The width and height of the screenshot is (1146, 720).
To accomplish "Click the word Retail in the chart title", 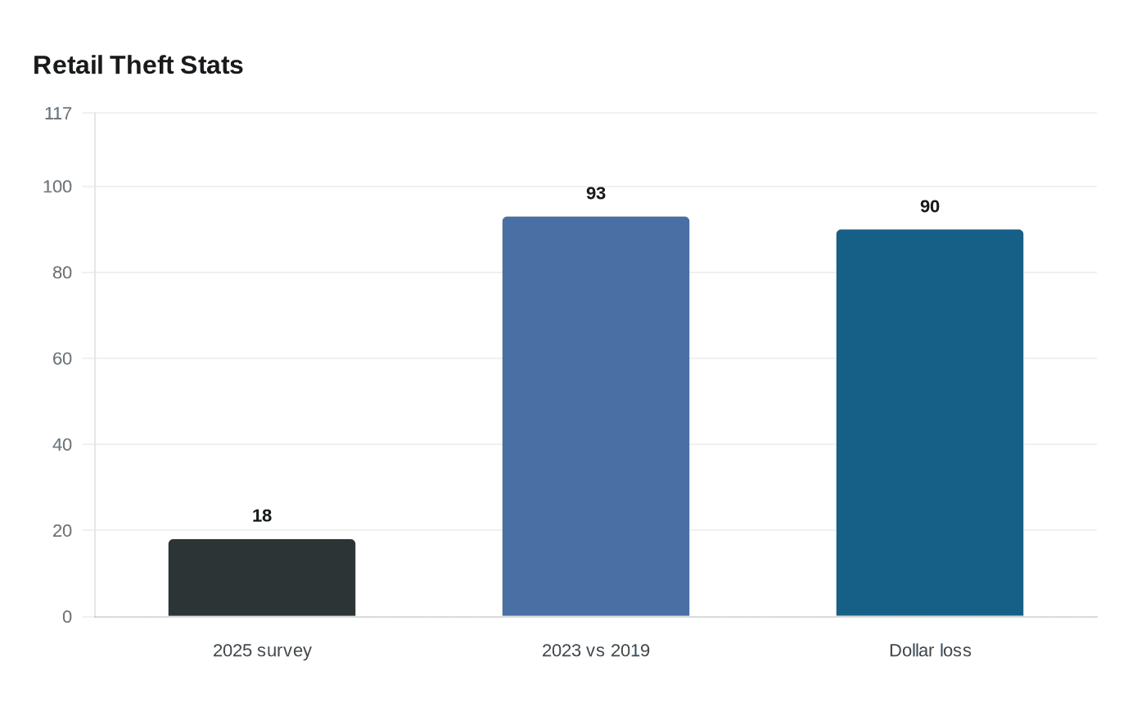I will click(x=68, y=65).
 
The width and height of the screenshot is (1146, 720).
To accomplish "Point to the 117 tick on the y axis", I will click(x=58, y=114).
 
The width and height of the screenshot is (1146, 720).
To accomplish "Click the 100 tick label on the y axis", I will click(x=57, y=187).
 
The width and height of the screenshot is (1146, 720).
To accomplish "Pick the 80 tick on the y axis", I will click(x=62, y=273).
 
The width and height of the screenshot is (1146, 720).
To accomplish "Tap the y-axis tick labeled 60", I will click(x=62, y=359).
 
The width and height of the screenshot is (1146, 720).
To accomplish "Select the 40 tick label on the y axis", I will click(x=62, y=445).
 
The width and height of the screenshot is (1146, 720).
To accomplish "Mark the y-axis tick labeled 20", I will click(x=62, y=531).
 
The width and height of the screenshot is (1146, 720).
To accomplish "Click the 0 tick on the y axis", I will click(x=67, y=617).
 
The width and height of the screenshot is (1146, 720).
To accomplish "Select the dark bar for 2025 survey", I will click(x=262, y=578).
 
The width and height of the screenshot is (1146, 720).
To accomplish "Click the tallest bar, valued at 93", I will click(x=596, y=416).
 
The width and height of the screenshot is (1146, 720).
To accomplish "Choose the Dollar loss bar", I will click(x=930, y=423).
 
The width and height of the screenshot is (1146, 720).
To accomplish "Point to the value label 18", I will click(x=262, y=516).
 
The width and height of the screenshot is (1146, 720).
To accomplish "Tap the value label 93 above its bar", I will click(x=596, y=194).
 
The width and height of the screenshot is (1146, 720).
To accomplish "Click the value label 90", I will click(x=930, y=207).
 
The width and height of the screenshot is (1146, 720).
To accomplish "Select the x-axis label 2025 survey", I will click(x=262, y=651).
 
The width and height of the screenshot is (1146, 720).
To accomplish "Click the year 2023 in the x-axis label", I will click(x=562, y=651).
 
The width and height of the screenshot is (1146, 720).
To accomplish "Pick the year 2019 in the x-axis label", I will click(x=630, y=651).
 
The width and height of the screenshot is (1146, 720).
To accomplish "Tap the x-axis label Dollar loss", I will click(x=930, y=651).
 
